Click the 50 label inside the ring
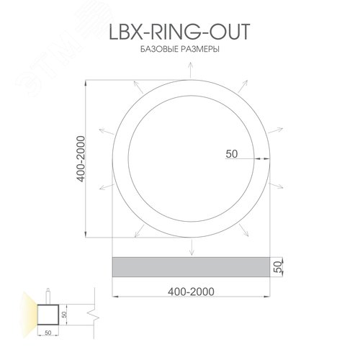tap(232, 153)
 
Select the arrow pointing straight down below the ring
tap(191, 248)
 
